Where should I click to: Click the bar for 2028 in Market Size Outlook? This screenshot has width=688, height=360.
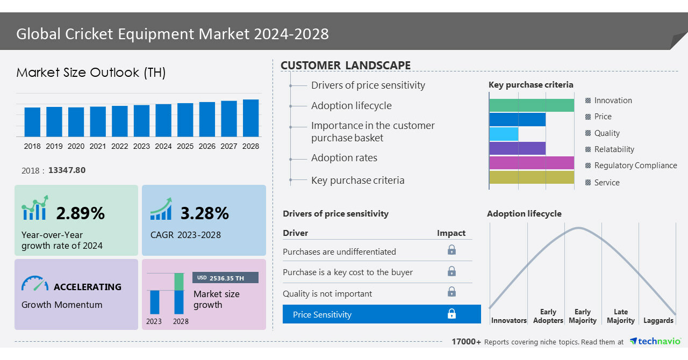tap(250, 118)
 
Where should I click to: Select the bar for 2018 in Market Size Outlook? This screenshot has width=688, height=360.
tap(32, 122)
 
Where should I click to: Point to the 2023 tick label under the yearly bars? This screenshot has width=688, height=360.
tap(141, 146)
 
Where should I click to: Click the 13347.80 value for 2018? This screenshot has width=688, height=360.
tap(67, 170)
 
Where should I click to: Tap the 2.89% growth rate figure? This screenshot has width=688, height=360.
tap(80, 213)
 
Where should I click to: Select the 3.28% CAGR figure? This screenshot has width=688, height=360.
tap(204, 213)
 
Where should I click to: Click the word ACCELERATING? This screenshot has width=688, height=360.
tap(87, 287)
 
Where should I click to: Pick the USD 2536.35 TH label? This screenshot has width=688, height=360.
tap(225, 278)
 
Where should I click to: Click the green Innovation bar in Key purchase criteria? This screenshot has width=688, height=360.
tap(531, 105)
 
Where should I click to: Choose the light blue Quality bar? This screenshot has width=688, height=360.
tap(504, 134)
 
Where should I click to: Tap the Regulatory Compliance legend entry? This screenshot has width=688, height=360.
tap(635, 165)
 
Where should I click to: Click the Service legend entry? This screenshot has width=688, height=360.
tap(606, 183)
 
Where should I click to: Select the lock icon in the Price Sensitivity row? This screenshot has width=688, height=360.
tap(451, 314)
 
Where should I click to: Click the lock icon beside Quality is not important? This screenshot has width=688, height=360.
tap(451, 292)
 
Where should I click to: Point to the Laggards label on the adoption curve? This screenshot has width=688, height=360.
tap(658, 320)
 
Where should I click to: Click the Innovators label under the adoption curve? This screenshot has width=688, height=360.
tap(508, 320)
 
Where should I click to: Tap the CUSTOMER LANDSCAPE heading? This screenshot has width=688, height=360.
tap(346, 66)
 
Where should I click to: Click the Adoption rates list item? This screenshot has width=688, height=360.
tap(344, 158)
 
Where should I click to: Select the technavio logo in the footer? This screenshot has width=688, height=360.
tap(655, 342)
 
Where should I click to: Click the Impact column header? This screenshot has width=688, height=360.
tap(451, 233)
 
